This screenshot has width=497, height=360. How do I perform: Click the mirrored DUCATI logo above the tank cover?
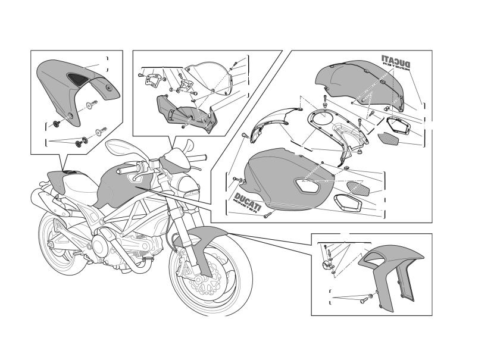pos(396,62)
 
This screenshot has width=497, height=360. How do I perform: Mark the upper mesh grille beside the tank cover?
pos(387,138)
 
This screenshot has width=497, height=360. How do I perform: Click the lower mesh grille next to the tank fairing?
pos(358,187)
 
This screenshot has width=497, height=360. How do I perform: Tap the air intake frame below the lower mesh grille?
pos(348,202)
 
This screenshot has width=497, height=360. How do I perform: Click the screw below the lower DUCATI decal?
pos(267,215)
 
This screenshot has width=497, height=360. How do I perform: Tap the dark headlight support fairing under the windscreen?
pos(186,112)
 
